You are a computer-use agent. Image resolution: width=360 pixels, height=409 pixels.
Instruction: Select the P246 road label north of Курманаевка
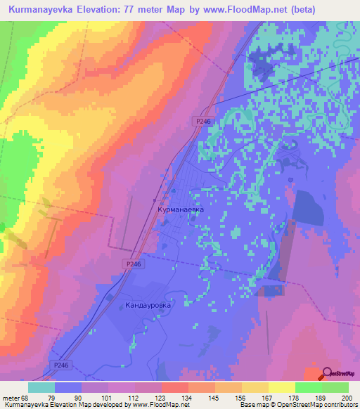[x=202, y=122]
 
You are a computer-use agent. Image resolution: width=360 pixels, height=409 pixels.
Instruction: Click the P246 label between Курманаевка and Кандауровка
[x=135, y=264]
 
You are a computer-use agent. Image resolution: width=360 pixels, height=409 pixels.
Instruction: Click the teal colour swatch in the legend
[x=41, y=387]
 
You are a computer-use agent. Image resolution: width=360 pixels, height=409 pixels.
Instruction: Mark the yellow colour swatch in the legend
[x=281, y=387]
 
